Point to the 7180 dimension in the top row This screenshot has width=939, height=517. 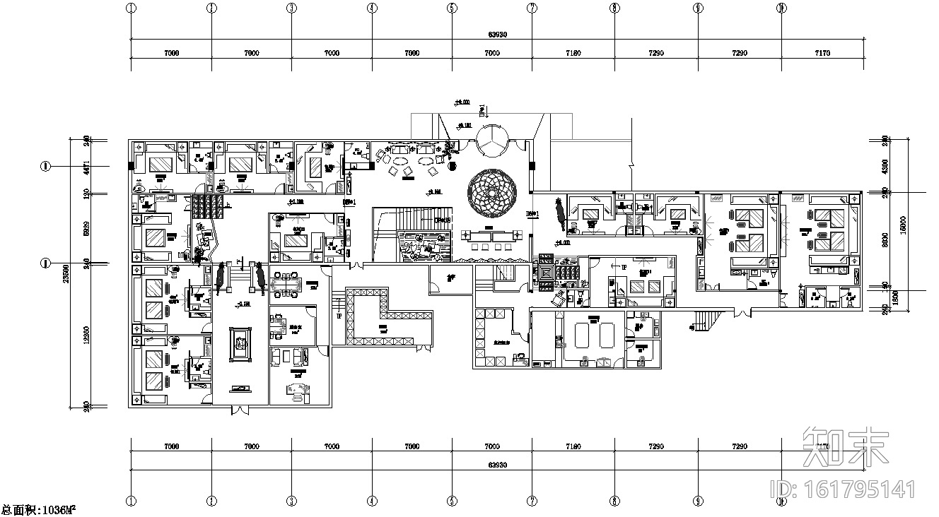[x=573, y=53]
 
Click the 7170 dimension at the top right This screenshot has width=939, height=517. [x=822, y=53]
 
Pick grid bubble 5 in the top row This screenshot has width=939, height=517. [x=451, y=8]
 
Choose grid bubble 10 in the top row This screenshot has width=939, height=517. [x=781, y=8]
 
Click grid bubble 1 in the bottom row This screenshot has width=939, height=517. [x=131, y=501]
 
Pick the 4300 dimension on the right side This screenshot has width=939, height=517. [x=876, y=167]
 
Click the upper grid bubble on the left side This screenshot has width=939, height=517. [x=45, y=167]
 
